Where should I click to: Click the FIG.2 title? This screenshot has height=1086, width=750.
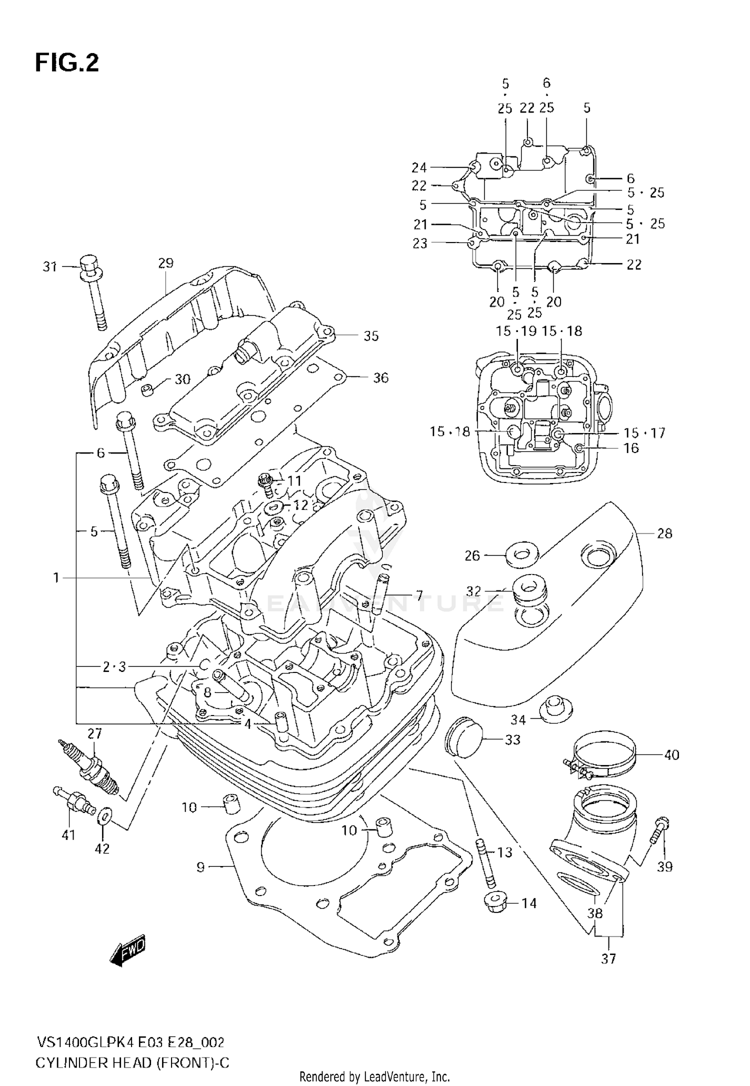tap(67, 63)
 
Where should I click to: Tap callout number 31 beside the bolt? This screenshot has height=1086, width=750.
tap(50, 267)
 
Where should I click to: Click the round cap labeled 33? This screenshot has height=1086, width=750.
tap(462, 737)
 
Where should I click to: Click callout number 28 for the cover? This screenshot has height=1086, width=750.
tap(664, 533)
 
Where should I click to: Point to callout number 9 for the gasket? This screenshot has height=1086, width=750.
tap(200, 866)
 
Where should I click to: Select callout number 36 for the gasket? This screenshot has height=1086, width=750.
tap(380, 377)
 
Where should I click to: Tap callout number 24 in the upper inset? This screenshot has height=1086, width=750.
tap(419, 167)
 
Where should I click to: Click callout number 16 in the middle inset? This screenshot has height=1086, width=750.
tap(631, 447)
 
